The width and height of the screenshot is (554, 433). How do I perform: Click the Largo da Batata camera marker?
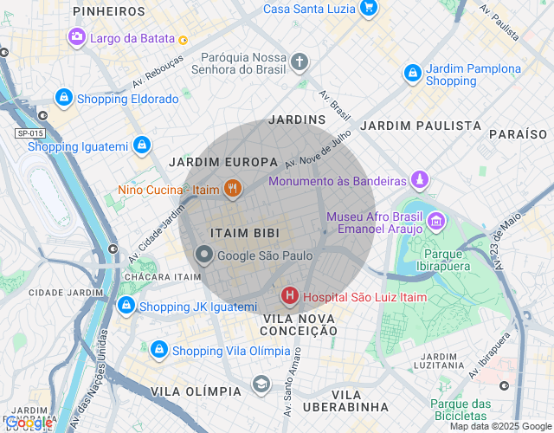[x=77, y=37]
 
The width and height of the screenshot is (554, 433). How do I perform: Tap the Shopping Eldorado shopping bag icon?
[x=63, y=99]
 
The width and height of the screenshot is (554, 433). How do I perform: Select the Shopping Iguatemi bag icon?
[x=141, y=145]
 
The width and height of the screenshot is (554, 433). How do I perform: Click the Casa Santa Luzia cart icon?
[x=369, y=9]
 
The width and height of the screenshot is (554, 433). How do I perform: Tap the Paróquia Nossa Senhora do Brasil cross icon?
[x=299, y=61]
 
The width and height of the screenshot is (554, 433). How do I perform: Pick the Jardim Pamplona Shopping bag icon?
[x=413, y=74]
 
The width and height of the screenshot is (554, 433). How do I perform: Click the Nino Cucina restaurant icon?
[x=232, y=188]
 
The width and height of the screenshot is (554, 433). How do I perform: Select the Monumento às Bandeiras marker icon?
[x=420, y=181]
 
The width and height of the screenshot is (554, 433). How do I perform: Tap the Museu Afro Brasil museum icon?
[x=435, y=223]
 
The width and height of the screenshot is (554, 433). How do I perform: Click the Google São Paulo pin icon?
[x=204, y=255]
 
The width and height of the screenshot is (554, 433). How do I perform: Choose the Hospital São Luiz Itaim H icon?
[x=289, y=297]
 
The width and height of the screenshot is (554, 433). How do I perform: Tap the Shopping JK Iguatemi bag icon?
[x=126, y=306]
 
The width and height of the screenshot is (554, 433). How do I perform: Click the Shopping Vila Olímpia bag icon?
[x=158, y=350]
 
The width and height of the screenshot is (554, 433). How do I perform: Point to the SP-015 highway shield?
[x=29, y=132]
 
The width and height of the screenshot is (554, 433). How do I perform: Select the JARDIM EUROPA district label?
[x=223, y=162]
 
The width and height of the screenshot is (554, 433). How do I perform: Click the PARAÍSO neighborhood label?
[x=518, y=134]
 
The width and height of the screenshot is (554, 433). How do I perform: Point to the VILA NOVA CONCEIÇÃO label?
[x=299, y=324]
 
